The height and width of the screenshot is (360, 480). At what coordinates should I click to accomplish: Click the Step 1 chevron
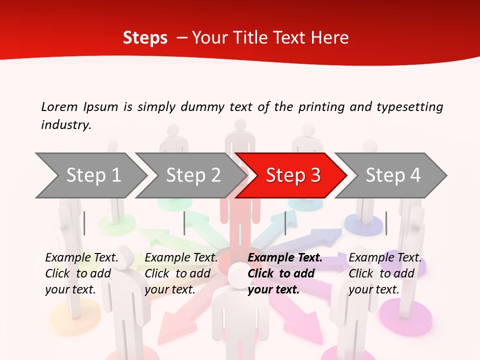[93, 175]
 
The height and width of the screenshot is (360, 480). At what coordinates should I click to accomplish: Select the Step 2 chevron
[193, 175]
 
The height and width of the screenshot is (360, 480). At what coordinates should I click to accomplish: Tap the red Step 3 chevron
[292, 175]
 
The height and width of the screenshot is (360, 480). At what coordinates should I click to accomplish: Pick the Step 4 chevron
[392, 175]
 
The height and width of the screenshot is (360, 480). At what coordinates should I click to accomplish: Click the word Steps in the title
[145, 38]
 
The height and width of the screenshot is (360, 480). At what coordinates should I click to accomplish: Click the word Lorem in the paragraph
[59, 106]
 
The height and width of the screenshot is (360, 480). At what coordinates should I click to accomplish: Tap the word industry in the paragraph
[66, 125]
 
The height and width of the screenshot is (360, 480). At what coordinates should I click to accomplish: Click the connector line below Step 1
[84, 223]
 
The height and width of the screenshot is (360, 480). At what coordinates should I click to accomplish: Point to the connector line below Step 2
[184, 223]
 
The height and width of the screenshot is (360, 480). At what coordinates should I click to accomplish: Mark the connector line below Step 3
[285, 223]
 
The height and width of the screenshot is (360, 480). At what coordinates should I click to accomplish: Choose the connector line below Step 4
[386, 223]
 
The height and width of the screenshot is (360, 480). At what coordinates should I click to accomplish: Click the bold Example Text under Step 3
[285, 258]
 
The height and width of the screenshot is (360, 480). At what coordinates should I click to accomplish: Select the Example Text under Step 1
[81, 258]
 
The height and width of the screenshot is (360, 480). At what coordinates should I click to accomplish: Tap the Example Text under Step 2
[181, 258]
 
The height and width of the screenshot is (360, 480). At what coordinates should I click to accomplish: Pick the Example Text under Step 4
[385, 258]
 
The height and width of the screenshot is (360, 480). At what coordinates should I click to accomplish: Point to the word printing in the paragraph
[320, 106]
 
